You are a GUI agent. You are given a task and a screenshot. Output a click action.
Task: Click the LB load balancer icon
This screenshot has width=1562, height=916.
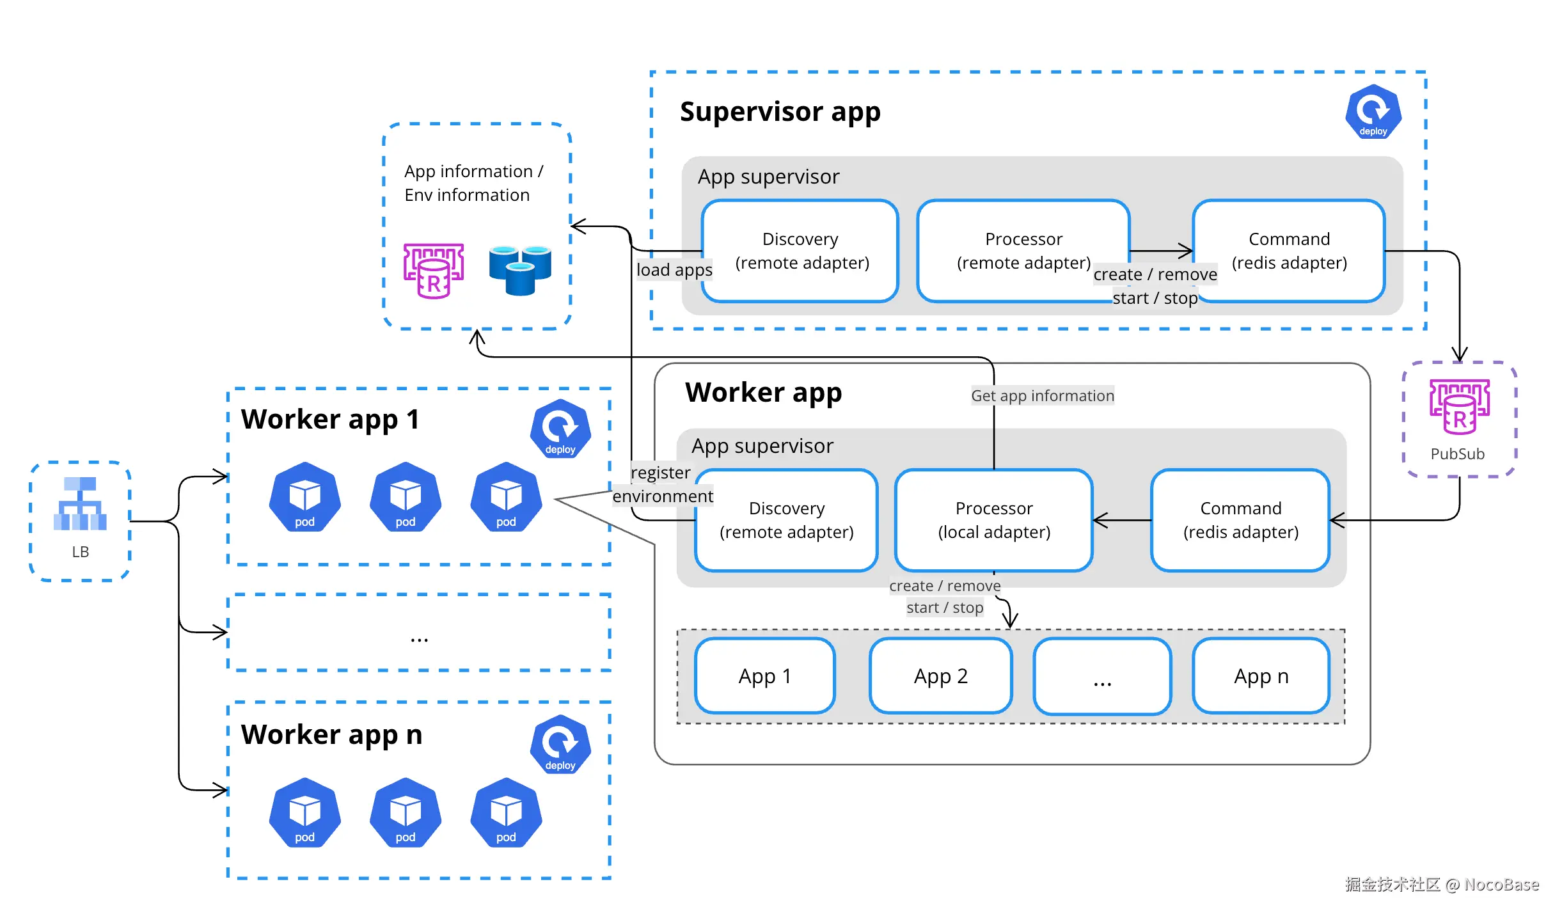(x=80, y=503)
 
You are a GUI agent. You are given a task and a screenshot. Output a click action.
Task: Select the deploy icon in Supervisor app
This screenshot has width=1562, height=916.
(x=1373, y=112)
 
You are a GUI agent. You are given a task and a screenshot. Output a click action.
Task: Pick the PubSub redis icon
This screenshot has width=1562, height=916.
(x=1460, y=407)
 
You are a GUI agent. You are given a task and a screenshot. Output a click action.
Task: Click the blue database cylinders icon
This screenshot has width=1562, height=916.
(x=520, y=270)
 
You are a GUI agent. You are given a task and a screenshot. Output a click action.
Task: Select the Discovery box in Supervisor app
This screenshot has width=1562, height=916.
(x=800, y=251)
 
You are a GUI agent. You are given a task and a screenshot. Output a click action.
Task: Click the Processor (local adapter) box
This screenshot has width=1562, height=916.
(x=994, y=520)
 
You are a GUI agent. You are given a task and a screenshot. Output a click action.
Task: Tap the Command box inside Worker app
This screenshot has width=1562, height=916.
(x=1240, y=520)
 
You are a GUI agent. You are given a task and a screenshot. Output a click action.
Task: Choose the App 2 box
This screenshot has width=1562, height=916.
(x=941, y=675)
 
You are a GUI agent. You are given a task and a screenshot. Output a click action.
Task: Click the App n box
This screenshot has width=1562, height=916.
(x=1261, y=675)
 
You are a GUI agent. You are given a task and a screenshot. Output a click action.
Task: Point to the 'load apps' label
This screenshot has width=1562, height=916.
(x=674, y=270)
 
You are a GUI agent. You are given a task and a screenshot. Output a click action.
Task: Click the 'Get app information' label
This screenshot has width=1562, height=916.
(x=1043, y=396)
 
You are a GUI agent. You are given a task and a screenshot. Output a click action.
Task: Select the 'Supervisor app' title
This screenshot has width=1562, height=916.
(x=780, y=112)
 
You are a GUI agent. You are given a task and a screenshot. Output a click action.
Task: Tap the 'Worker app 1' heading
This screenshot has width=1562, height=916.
(x=331, y=420)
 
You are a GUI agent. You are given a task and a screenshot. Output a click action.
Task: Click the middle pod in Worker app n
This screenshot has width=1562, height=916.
(x=406, y=812)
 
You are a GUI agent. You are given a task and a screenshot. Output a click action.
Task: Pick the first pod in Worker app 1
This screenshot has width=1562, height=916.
(x=305, y=497)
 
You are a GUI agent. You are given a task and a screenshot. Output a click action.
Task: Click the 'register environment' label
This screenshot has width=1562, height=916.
(x=663, y=484)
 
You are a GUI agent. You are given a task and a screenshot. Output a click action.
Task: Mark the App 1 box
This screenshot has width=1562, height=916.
(x=765, y=675)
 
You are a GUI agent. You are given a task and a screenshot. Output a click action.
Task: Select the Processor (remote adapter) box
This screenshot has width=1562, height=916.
(x=1023, y=251)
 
